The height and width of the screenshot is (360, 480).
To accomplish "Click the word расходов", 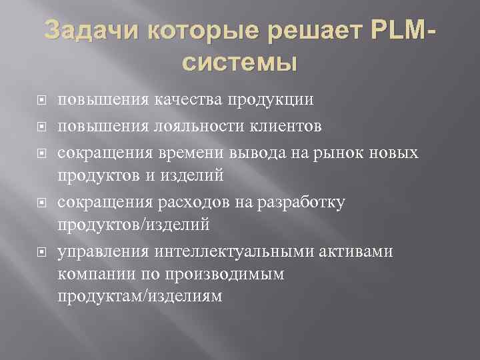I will (190, 201).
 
